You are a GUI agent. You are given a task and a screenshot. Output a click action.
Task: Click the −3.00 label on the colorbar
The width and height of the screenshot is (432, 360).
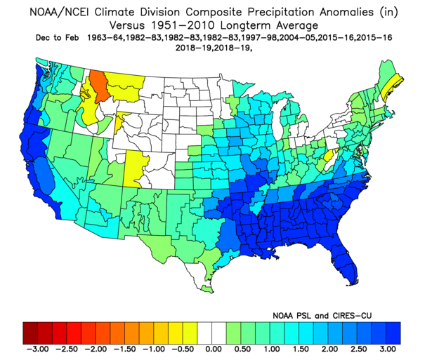(37, 349)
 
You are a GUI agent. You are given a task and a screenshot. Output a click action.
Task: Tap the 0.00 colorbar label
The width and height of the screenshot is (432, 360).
(214, 349)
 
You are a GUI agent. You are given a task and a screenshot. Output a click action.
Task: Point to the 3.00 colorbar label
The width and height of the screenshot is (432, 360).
(388, 349)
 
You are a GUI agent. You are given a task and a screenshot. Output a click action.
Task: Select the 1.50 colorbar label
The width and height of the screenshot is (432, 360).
(301, 349)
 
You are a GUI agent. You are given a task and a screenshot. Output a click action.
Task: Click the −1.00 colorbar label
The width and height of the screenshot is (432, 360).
(154, 349)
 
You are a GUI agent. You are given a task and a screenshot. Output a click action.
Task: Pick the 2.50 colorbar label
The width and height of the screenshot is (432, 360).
(359, 349)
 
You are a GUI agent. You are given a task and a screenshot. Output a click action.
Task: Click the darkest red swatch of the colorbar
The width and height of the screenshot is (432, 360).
(30, 333)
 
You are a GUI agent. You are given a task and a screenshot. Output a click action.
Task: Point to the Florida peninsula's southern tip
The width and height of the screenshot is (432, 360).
(351, 284)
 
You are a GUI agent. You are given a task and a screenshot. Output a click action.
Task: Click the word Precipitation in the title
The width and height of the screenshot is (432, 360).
(280, 13)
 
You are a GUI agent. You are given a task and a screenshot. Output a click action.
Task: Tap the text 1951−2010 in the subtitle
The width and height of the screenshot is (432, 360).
(183, 25)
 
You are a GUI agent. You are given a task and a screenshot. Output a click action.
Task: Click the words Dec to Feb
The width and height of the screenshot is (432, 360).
(57, 38)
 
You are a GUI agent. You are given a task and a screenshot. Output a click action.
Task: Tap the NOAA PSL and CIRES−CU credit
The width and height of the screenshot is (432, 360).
(322, 315)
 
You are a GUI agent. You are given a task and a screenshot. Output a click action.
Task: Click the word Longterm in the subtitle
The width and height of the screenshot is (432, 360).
(245, 26)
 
